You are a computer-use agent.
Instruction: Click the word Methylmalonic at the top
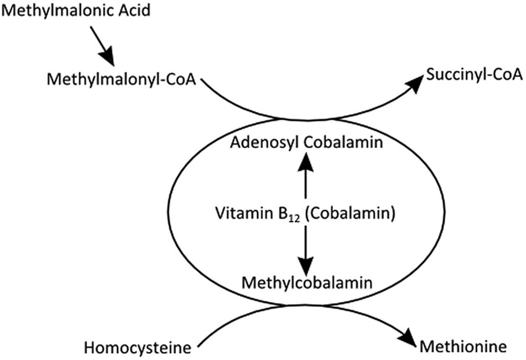tap(57, 12)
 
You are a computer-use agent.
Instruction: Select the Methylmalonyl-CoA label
tap(120, 80)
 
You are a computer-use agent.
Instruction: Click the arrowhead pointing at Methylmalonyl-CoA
tap(107, 59)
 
